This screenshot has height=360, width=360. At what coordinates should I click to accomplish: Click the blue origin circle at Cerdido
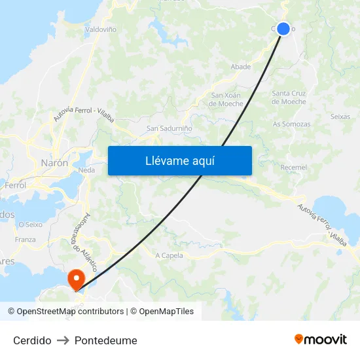pyautogui.click(x=283, y=28)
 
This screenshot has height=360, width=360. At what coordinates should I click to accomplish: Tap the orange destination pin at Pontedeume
pyautogui.click(x=77, y=279)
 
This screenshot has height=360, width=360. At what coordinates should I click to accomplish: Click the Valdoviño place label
pyautogui.click(x=101, y=29)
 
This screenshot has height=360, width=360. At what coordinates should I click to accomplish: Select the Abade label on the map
pyautogui.click(x=241, y=67)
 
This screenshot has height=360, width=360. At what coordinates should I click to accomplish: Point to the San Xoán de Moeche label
pyautogui.click(x=226, y=99)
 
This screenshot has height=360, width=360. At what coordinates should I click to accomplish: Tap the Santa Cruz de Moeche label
pyautogui.click(x=289, y=98)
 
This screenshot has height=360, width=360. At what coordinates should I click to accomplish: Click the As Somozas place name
pyautogui.click(x=291, y=124)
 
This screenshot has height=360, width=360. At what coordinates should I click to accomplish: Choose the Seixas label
pyautogui.click(x=340, y=117)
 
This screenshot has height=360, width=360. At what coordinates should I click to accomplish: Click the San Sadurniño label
pyautogui.click(x=170, y=129)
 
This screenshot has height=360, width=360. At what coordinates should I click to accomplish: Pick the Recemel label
pyautogui.click(x=293, y=168)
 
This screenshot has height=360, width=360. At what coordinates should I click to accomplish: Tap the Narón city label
pyautogui.click(x=54, y=163)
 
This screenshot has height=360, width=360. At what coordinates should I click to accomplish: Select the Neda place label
pyautogui.click(x=86, y=170)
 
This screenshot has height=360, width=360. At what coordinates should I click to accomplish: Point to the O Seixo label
pyautogui.click(x=31, y=225)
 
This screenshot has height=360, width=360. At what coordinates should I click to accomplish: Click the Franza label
pyautogui.click(x=25, y=240)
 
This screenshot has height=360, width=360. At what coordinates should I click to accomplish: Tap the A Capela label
pyautogui.click(x=169, y=255)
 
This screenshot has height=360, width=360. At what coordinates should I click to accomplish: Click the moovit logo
pyautogui.click(x=320, y=340)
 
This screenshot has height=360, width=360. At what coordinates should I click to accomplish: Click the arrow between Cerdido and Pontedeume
pyautogui.click(x=63, y=340)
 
